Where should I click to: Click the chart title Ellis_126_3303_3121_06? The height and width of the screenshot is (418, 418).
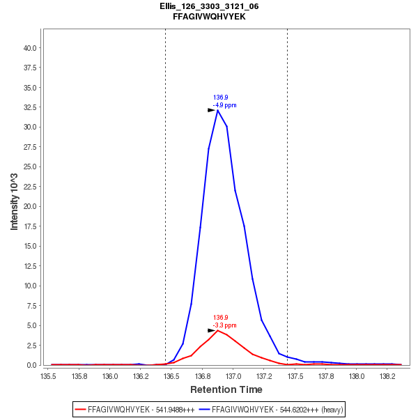pyautogui.click(x=209, y=6)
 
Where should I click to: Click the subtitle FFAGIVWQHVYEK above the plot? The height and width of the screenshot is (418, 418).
pyautogui.click(x=209, y=16)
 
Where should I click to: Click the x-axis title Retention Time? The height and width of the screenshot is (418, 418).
pyautogui.click(x=226, y=389)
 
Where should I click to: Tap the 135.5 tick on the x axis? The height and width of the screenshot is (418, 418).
pyautogui.click(x=49, y=376)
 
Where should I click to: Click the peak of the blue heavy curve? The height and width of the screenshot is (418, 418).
pyautogui.click(x=218, y=110)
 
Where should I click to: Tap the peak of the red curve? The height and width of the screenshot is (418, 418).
pyautogui.click(x=218, y=330)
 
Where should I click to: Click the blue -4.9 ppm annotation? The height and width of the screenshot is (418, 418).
pyautogui.click(x=225, y=105)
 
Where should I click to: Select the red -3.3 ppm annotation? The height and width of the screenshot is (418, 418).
pyautogui.click(x=225, y=325)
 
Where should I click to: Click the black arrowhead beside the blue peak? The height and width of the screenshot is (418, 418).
pyautogui.click(x=211, y=110)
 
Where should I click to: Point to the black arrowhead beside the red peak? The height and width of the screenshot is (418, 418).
pyautogui.click(x=211, y=330)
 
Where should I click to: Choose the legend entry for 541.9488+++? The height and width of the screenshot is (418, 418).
pyautogui.click(x=135, y=410)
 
